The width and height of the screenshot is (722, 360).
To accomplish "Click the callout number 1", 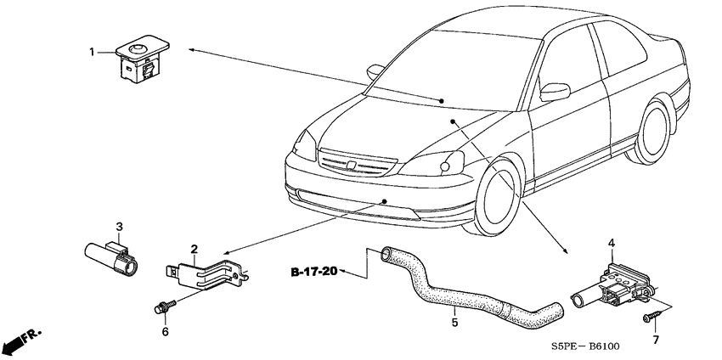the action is click(92, 52).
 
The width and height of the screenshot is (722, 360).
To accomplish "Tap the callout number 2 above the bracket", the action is click(195, 249).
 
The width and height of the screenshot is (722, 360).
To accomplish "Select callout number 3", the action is click(119, 227).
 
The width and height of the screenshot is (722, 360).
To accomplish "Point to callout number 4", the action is click(612, 243).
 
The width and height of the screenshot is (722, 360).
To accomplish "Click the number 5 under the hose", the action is click(454, 323).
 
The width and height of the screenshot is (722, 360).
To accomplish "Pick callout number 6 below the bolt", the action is click(165, 331).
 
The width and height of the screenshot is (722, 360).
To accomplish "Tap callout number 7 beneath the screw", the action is click(656, 340).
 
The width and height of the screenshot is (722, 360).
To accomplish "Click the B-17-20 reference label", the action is click(314, 272).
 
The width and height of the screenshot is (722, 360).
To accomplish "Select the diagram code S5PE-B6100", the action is click(585, 346).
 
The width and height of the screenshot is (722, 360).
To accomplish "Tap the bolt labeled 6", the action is click(166, 307).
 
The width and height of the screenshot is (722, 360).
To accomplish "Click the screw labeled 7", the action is click(652, 316).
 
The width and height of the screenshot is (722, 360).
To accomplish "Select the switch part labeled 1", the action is click(142, 59).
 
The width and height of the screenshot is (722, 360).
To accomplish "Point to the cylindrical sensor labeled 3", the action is click(111, 258).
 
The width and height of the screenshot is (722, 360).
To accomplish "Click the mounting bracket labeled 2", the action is click(207, 274).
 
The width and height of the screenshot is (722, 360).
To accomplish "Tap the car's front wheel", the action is click(495, 197).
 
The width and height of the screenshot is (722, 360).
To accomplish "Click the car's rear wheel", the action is click(651, 132).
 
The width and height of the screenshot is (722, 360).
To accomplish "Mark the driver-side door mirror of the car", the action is click(555, 92).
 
